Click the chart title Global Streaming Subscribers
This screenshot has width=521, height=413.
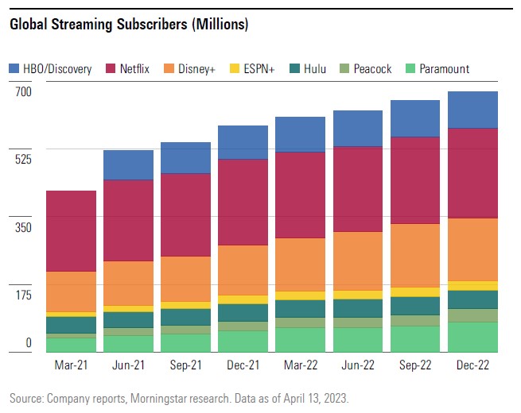tap(129, 25)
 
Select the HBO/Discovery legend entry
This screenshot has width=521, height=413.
tap(51, 68)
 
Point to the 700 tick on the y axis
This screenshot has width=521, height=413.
tap(22, 91)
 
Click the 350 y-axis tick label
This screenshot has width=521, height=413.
tap(22, 228)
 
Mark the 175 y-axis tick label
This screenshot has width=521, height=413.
tap(22, 295)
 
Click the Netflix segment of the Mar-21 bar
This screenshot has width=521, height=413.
tap(71, 231)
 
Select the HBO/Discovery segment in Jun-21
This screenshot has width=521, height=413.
tap(128, 164)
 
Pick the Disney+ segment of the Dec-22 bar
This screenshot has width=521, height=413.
tap(472, 249)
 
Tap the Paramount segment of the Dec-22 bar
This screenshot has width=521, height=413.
tap(472, 336)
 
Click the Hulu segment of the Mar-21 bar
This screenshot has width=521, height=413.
tap(71, 325)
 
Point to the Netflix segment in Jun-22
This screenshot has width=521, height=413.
tap(358, 189)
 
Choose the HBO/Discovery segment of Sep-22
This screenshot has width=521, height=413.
tap(415, 118)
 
